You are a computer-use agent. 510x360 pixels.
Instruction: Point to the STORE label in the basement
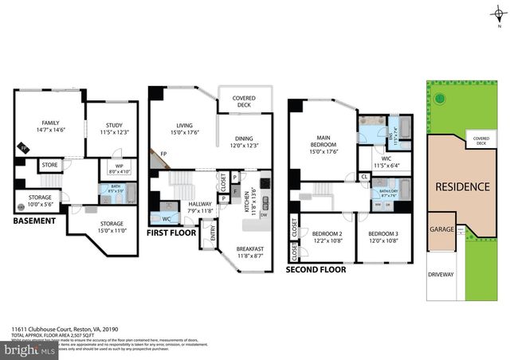tap(49, 166)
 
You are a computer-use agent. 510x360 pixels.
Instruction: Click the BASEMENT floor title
tap(34, 220)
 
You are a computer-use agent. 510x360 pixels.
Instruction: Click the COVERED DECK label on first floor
tap(244, 100)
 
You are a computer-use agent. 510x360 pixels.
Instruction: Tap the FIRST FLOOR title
tap(171, 233)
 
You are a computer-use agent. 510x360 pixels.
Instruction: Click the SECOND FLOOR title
tap(316, 270)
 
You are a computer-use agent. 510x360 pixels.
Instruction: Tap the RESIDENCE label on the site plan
tap(462, 186)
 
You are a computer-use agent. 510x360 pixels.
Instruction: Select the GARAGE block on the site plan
tap(442, 229)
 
